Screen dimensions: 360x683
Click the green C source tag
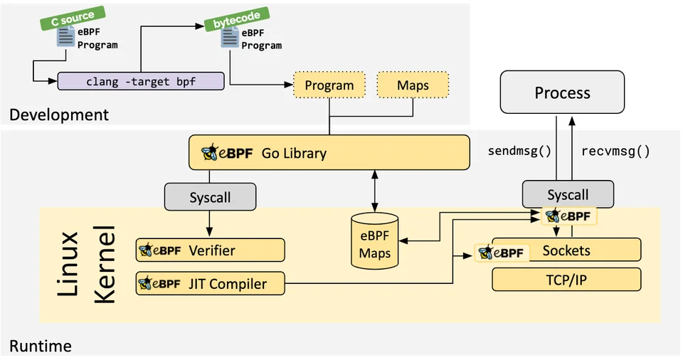coord(72,18)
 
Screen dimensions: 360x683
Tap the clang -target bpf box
coord(140,81)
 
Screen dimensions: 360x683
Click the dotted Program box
coord(329,85)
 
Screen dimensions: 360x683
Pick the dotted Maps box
coord(413,85)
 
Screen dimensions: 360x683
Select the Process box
coord(562,92)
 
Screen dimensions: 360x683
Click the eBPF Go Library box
coord(329,152)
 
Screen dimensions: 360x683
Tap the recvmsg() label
coord(615,151)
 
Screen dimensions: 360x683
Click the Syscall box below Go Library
coord(210,196)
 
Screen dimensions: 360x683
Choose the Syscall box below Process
coord(567,194)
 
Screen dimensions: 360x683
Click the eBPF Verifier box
coord(211,250)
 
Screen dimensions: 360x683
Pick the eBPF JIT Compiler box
coord(211,283)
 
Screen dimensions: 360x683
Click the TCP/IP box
coord(566,280)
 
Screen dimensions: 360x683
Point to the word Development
coord(59,115)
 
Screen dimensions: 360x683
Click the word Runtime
coord(41,346)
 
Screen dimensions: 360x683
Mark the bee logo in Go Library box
coord(211,152)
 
